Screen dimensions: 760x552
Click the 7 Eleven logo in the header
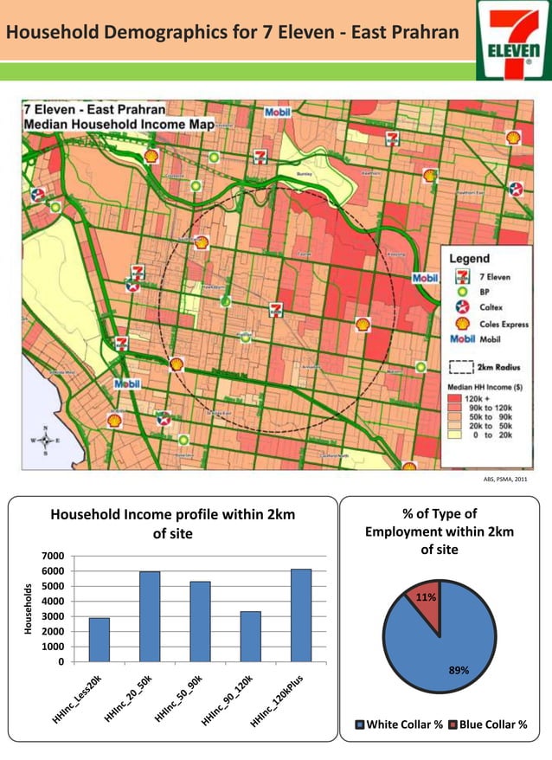click(x=514, y=40)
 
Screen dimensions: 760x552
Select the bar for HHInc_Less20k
click(x=99, y=640)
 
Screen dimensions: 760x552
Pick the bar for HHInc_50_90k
click(x=199, y=622)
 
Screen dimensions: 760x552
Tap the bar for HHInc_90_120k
click(x=250, y=636)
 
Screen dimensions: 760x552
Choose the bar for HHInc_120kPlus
click(x=300, y=615)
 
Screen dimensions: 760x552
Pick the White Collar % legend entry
click(x=397, y=725)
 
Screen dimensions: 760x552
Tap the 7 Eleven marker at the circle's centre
click(x=276, y=309)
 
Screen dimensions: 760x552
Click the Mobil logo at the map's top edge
click(x=277, y=111)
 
